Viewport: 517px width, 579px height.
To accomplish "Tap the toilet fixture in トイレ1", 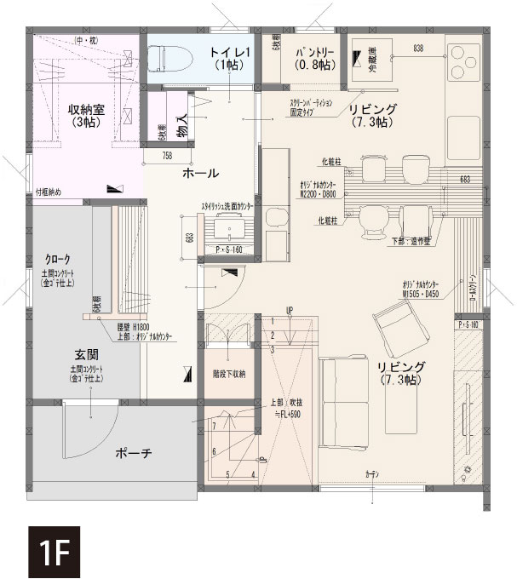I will [175, 58].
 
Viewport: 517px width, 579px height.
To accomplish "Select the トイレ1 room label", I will [227, 59].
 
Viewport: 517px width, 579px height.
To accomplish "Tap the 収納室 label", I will [85, 115].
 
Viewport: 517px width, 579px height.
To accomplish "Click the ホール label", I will [201, 173].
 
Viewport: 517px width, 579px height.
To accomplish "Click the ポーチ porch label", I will [134, 454].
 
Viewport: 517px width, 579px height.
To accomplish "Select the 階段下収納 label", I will [228, 374].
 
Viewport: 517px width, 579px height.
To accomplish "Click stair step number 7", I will [215, 424].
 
